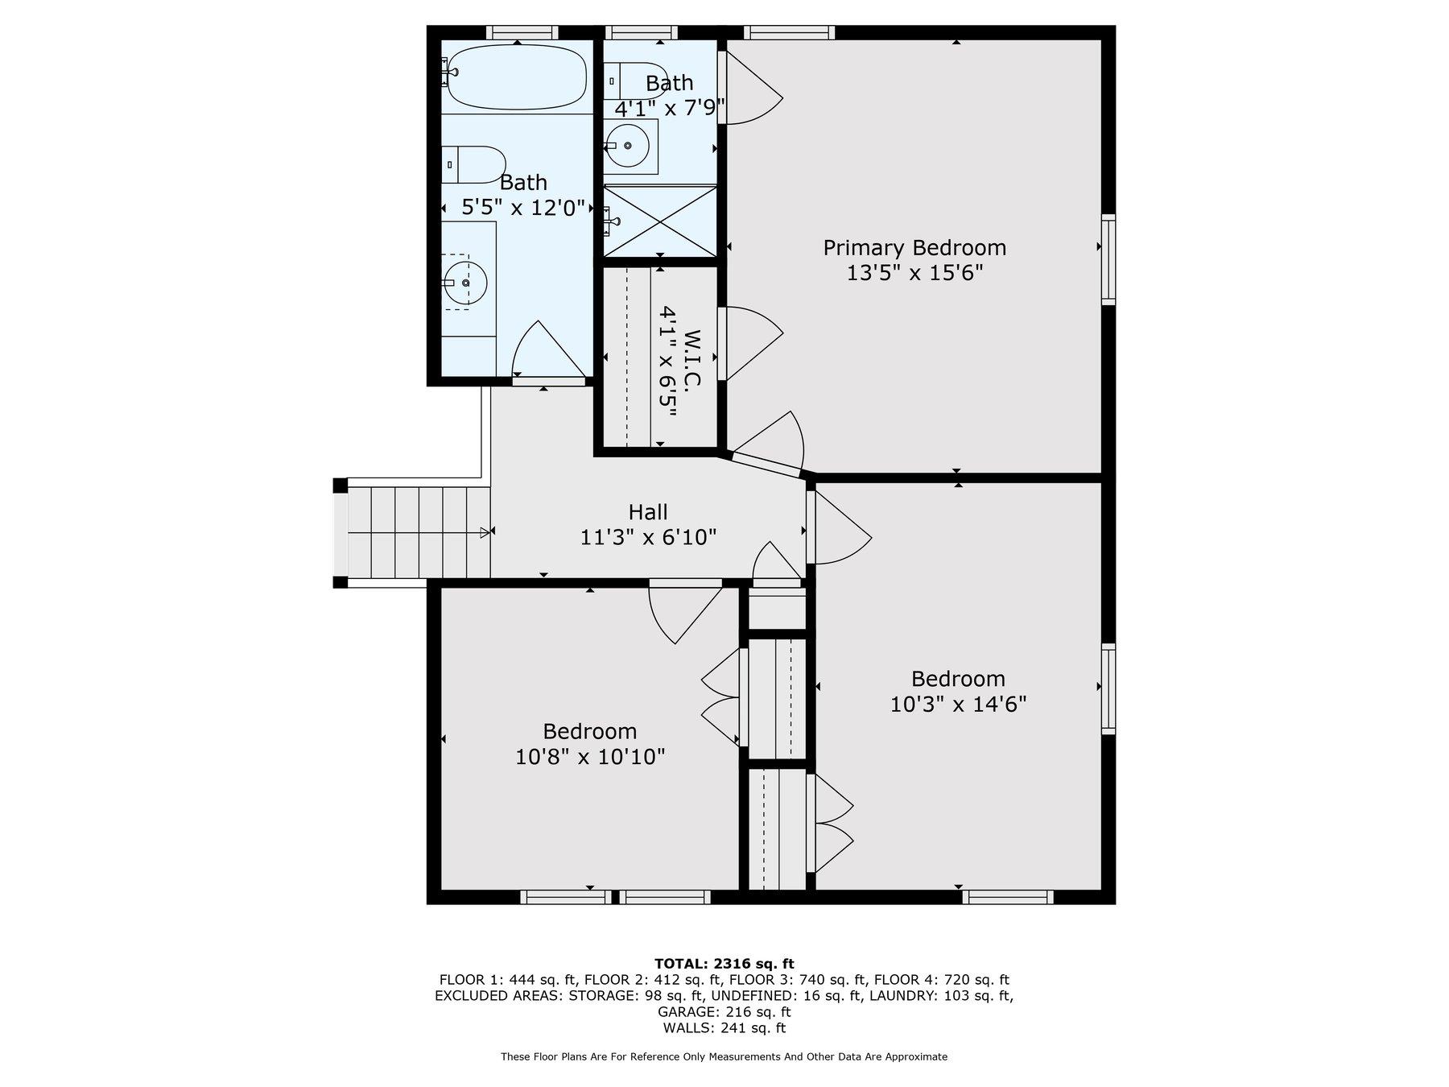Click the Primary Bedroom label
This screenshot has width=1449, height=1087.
point(914,247)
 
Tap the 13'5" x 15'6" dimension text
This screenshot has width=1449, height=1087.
point(914,273)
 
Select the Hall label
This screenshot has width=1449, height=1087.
point(648,511)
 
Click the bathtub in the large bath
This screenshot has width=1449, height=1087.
point(516,76)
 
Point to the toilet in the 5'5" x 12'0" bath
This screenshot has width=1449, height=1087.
point(473,164)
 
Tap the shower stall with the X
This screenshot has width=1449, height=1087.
point(660,221)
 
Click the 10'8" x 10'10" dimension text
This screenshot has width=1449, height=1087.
point(590,757)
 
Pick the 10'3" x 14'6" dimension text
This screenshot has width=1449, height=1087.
point(958,705)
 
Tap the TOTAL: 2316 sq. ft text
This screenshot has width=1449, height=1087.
point(724,963)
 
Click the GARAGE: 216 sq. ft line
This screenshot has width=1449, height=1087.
point(724,1011)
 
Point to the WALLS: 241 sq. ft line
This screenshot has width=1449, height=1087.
point(724,1027)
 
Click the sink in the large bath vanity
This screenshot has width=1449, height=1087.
point(465,283)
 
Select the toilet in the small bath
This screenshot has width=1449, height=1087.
point(638,81)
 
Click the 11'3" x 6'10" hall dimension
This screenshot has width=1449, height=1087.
point(648,536)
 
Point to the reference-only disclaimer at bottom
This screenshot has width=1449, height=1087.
point(724,1056)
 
